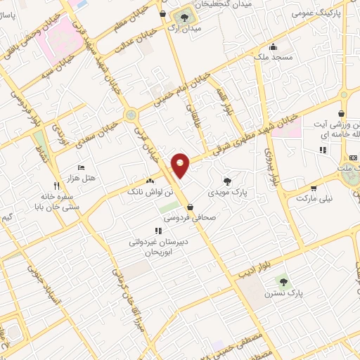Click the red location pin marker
point(181,166)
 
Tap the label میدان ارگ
point(186,28)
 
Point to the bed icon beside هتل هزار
point(81,168)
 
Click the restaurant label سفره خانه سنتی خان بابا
point(51,203)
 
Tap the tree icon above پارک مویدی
point(226,180)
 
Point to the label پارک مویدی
point(226,191)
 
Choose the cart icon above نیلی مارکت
point(313,188)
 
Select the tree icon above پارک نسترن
point(282,280)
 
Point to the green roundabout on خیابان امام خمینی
point(130,115)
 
